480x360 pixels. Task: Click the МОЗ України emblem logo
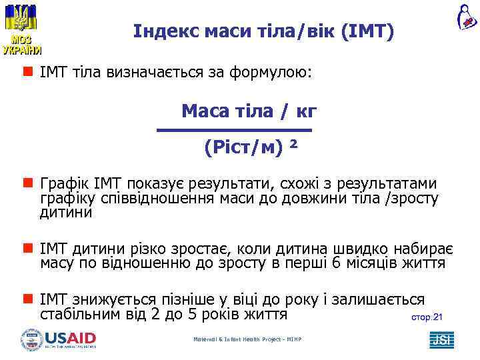point(22,28)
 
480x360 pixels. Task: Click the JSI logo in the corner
point(441,339)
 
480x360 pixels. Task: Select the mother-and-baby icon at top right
point(466,17)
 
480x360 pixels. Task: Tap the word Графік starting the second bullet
point(62,183)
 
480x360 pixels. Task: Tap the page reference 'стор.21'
point(424,317)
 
